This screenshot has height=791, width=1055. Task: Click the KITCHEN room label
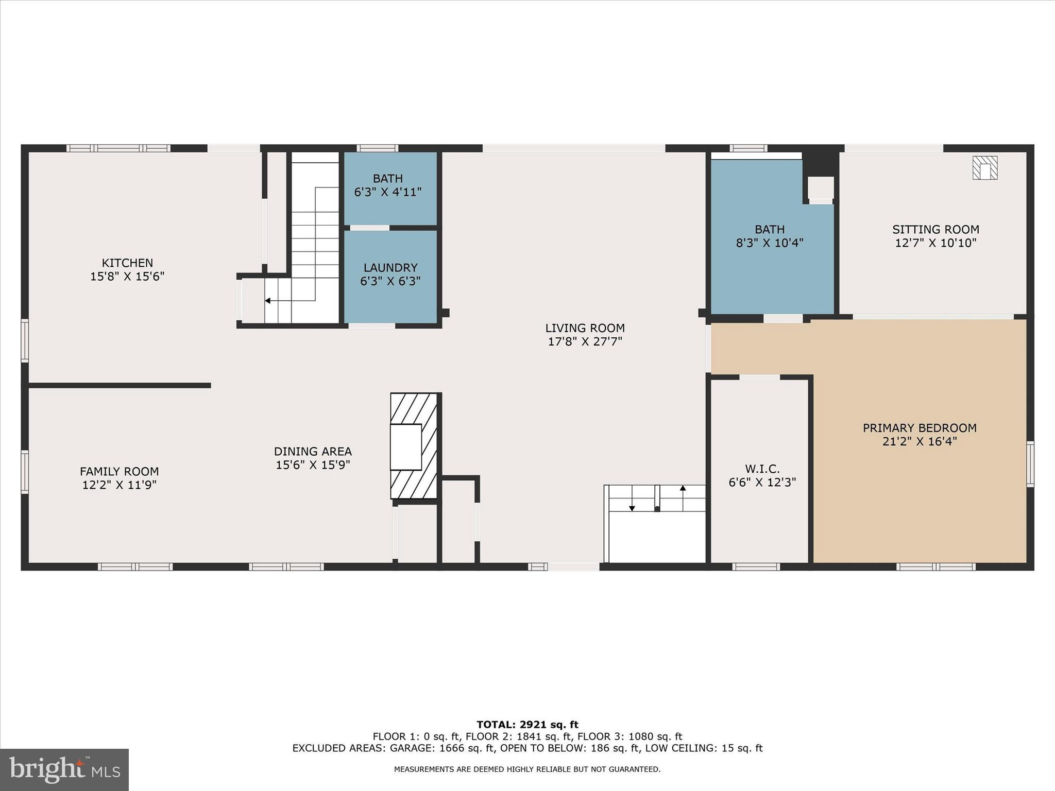pos(127,263)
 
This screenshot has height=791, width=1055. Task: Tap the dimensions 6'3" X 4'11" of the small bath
pos(387,192)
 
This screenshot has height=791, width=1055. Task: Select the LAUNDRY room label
pos(390,268)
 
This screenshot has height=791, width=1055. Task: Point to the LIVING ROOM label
pos(585,328)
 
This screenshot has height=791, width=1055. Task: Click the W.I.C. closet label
pos(762,469)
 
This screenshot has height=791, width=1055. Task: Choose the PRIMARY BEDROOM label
pos(920,428)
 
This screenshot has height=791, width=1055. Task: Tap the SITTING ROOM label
pos(935,230)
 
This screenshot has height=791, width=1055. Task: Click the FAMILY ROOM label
pos(119,471)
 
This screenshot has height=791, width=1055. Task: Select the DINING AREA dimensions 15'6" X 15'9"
pos(313,465)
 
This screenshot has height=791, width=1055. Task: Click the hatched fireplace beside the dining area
pos(414,446)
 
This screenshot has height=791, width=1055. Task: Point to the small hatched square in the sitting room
pos(984,168)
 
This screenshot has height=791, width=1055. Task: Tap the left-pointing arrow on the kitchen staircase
pos(268,300)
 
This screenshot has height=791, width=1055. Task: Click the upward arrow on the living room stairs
pos(683,488)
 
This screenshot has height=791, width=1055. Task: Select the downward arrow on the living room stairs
pos(632,508)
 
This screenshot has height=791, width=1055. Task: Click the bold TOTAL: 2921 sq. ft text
pos(527,725)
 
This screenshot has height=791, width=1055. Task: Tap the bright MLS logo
pos(64,769)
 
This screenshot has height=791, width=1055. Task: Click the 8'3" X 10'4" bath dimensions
pos(770,243)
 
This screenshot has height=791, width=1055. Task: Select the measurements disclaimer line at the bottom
pos(527,769)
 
